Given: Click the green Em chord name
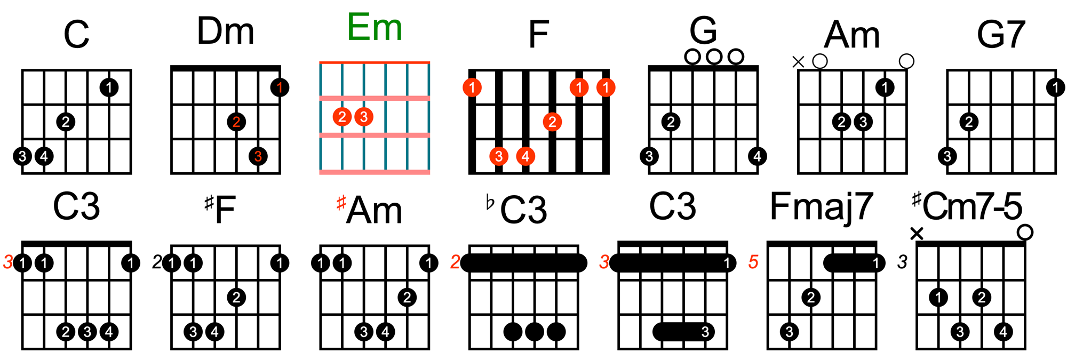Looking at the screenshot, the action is pyautogui.click(x=375, y=27).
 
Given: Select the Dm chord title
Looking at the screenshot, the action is pyautogui.click(x=225, y=31).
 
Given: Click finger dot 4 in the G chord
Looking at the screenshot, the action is pyautogui.click(x=757, y=156).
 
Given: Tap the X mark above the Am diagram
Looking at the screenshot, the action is pyautogui.click(x=798, y=62).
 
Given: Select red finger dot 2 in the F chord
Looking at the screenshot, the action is pyautogui.click(x=552, y=122).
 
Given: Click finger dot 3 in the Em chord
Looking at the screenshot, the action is pyautogui.click(x=364, y=117).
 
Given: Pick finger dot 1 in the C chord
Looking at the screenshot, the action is pyautogui.click(x=109, y=87).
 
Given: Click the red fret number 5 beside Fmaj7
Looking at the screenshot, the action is pyautogui.click(x=753, y=262).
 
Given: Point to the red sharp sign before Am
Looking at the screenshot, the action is pyautogui.click(x=341, y=203).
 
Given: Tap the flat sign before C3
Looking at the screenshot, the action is pyautogui.click(x=490, y=203).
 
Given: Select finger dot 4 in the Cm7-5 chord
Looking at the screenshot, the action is pyautogui.click(x=1003, y=332).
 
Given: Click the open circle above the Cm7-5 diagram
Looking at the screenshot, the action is pyautogui.click(x=1025, y=233).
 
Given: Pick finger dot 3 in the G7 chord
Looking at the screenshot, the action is pyautogui.click(x=947, y=156).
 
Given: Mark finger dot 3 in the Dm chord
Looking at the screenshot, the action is pyautogui.click(x=258, y=156).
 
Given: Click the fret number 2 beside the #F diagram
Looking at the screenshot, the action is pyautogui.click(x=156, y=262).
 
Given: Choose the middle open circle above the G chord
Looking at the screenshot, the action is pyautogui.click(x=714, y=57).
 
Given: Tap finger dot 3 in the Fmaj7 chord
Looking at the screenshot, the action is pyautogui.click(x=789, y=332).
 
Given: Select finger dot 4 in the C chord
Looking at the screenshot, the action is pyautogui.click(x=44, y=156).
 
